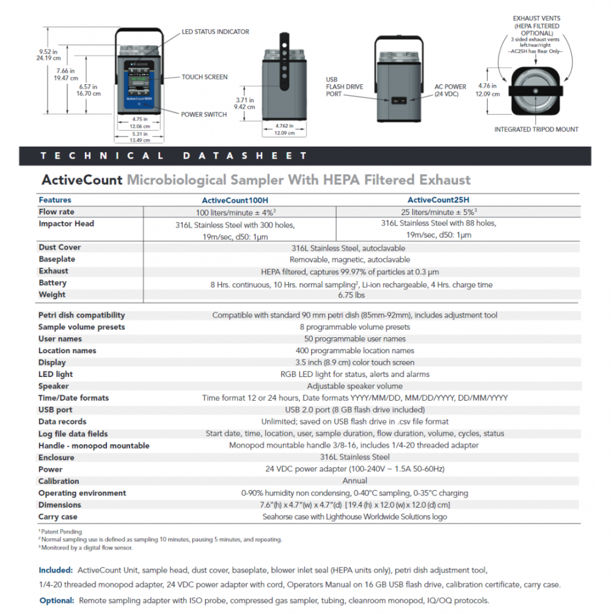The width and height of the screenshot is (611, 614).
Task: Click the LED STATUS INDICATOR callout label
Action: pos(215,32)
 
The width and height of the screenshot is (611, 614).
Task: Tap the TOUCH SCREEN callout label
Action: pos(204,77)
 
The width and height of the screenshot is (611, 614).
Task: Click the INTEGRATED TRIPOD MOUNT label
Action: pos(536,130)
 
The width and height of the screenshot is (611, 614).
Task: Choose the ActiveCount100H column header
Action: pos(234,200)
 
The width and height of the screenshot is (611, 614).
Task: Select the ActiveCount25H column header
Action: pos(438,200)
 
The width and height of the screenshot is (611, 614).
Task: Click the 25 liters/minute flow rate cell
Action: pos(438,212)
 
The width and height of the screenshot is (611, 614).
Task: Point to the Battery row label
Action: pos(53,283)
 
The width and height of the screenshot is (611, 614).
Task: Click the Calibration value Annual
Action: pos(354,481)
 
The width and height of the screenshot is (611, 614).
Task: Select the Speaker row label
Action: pos(54,386)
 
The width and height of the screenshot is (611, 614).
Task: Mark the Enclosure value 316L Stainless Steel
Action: pos(354,457)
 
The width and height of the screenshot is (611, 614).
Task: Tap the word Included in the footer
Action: pos(56,570)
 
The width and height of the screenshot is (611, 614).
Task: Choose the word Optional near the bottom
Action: pos(57,601)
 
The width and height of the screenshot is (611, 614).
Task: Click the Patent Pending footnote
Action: pos(61,532)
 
